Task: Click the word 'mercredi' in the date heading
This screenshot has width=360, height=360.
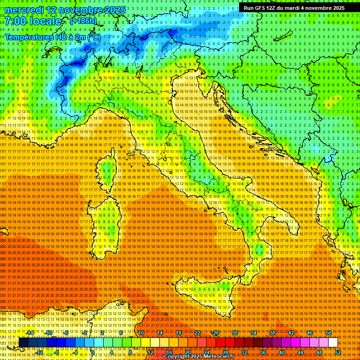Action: [x=23, y=10]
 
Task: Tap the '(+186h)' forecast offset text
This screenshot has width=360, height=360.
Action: [x=83, y=21]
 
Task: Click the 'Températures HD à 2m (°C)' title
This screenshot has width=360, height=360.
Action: [x=52, y=37]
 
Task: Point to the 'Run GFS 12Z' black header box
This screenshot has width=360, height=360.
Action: [x=294, y=8]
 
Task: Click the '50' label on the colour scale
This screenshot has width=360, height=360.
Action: [x=328, y=333]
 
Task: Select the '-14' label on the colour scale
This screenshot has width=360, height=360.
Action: [x=30, y=333]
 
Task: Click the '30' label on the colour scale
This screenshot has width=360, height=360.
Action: [x=235, y=333]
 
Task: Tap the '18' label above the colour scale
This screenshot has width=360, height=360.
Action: [x=179, y=333]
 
